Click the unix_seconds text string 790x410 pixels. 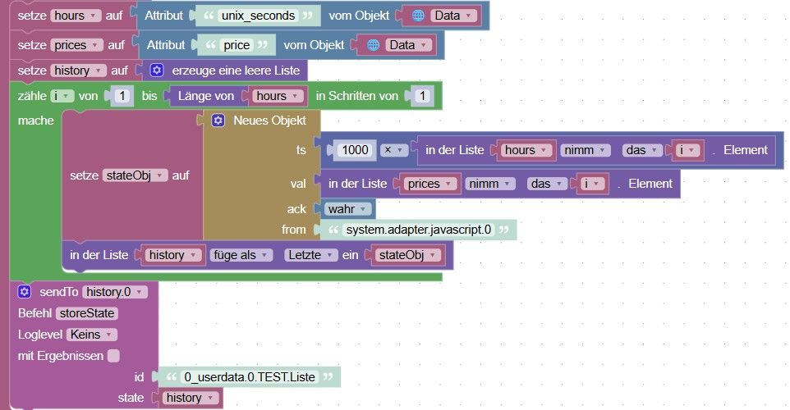click(x=258, y=16)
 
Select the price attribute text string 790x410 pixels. click(x=237, y=45)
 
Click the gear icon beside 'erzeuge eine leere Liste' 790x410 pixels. click(x=157, y=71)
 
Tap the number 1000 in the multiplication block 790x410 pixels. click(x=356, y=150)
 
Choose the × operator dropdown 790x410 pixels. click(x=393, y=150)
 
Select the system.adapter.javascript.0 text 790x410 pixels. click(x=418, y=230)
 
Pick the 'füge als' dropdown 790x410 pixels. click(x=241, y=255)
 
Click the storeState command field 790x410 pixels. click(x=87, y=313)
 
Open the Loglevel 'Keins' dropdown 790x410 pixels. click(x=91, y=335)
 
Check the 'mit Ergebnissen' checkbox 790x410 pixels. click(x=114, y=356)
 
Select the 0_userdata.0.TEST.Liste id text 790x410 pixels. click(x=250, y=377)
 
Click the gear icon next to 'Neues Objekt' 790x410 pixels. click(x=218, y=121)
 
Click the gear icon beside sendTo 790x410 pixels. click(x=24, y=292)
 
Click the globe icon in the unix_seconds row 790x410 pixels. click(x=418, y=16)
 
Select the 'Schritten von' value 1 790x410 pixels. click(x=423, y=96)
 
